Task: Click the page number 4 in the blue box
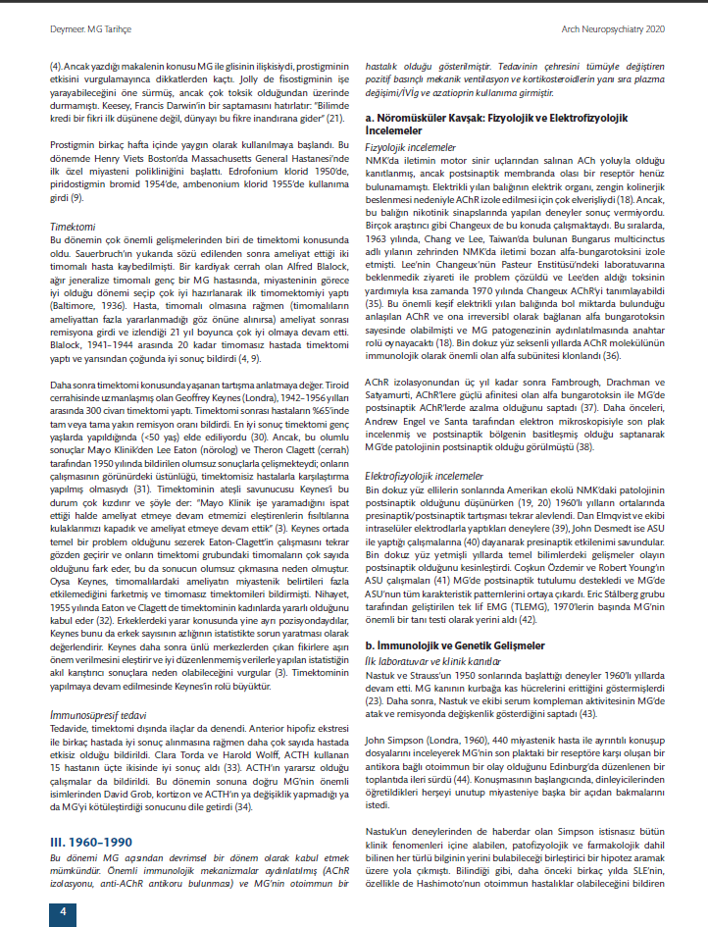[63, 912]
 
